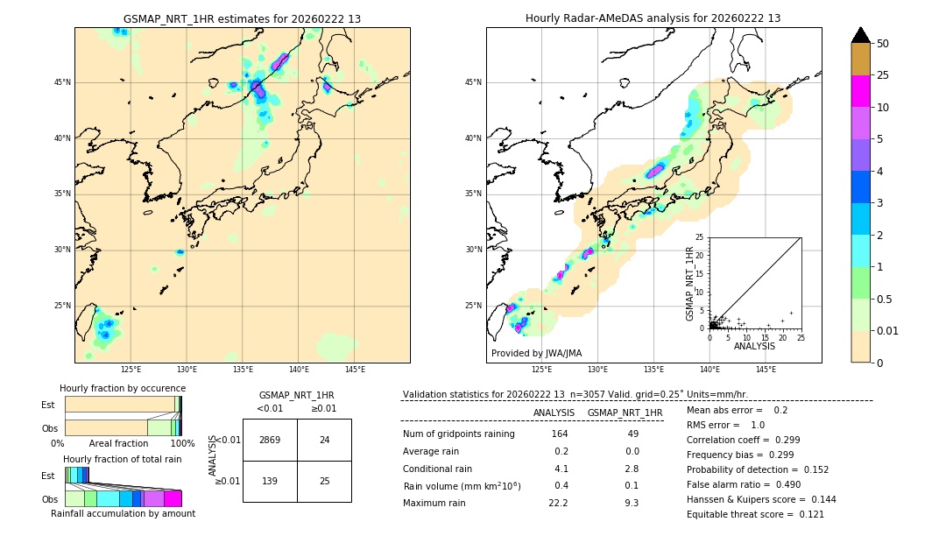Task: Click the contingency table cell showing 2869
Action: (270, 440)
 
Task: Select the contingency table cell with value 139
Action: (270, 481)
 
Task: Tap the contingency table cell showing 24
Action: (324, 440)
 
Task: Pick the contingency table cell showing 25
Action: (324, 481)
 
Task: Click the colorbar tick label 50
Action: (883, 44)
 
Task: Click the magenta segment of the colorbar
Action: (861, 91)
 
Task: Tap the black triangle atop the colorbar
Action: (861, 35)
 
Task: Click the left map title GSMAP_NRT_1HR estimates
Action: (242, 18)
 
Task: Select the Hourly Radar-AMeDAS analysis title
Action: (653, 18)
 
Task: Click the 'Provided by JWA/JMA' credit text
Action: (536, 353)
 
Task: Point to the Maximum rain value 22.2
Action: (558, 503)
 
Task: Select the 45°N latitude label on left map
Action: (63, 82)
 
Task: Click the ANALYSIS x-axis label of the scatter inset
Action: (754, 346)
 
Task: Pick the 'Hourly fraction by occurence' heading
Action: (123, 388)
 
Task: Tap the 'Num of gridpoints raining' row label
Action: (458, 434)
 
